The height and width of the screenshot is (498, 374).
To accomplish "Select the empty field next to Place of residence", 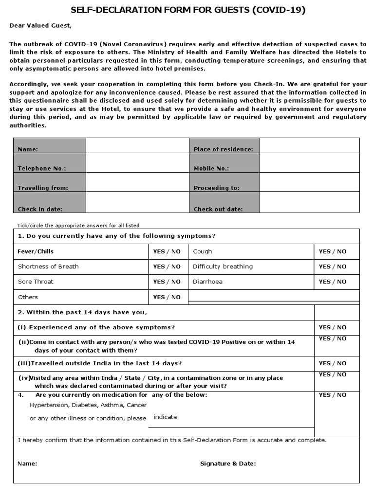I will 309,145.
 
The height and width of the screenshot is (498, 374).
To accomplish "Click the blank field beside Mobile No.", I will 309,163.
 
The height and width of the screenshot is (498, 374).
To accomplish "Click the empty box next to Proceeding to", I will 309,182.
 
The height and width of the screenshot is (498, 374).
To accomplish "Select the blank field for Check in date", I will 137,203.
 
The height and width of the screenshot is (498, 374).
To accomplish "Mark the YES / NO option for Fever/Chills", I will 167,251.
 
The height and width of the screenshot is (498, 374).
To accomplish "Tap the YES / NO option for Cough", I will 333,251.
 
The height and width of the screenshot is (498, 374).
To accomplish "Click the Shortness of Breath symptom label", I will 48,267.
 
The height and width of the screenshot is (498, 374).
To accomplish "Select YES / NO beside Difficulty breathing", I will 333,267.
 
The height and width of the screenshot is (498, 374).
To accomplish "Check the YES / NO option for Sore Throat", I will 167,282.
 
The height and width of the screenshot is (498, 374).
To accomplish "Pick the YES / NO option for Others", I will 167,297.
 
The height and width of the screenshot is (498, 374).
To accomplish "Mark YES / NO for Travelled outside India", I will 333,363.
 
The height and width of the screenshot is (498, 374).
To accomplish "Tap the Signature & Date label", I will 228,463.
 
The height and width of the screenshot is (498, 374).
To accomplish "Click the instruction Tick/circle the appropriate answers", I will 78,226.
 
